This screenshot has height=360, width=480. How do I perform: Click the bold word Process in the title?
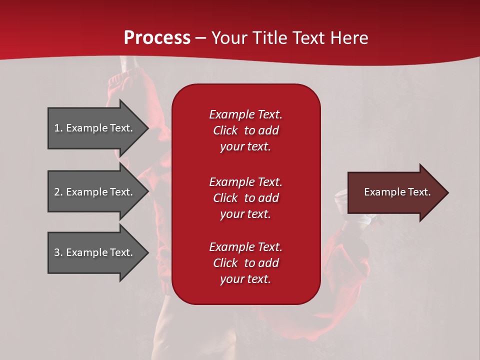tap(157, 38)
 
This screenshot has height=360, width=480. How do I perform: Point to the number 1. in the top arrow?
tap(58, 128)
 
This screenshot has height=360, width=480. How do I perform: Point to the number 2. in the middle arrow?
tap(58, 192)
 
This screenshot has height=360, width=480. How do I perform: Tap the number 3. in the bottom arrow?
tap(58, 252)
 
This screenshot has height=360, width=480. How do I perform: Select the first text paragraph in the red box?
tap(245, 130)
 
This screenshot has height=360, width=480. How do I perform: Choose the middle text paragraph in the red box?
tap(245, 198)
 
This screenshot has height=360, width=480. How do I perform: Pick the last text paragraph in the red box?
tap(245, 263)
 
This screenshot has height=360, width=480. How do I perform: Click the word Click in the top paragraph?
tap(225, 130)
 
